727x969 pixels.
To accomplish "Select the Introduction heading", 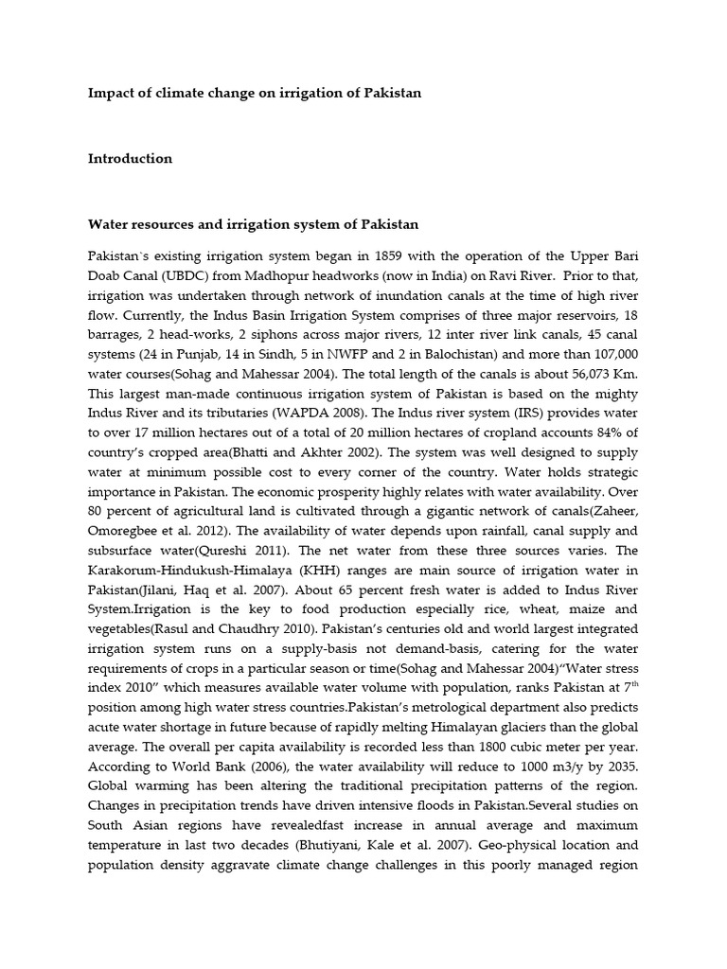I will coord(130,159).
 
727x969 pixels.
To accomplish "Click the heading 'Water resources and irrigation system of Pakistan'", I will coord(253,225).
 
